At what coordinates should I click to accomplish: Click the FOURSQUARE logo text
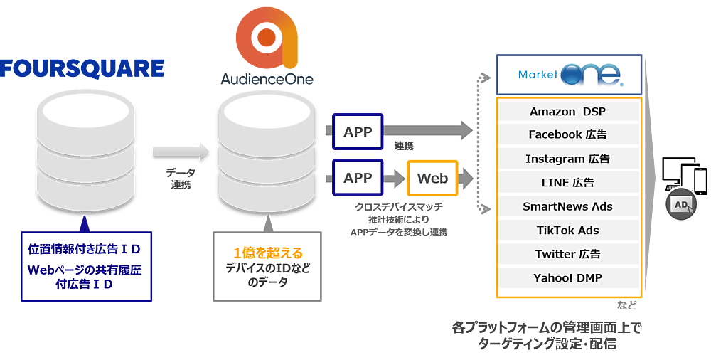coord(82,69)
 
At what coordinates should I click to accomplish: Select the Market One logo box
coord(570,75)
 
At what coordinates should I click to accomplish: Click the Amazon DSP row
coord(568,112)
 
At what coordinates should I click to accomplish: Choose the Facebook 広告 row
coord(568,134)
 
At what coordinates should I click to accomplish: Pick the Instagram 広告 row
coord(568,159)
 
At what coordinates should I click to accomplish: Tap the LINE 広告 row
coord(568,183)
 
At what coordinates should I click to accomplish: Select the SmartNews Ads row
coord(568,206)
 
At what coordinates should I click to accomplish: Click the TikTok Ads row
coord(568,231)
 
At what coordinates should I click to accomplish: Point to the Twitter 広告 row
coord(568,254)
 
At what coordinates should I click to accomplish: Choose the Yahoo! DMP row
coord(568,277)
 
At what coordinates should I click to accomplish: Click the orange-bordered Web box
coord(432,178)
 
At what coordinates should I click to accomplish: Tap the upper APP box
coord(358,131)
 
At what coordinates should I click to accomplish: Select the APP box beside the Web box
coord(358,178)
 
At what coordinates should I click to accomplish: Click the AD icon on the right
coord(682,205)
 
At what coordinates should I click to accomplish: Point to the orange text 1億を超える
coord(268,253)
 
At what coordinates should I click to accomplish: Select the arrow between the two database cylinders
coord(181,151)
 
